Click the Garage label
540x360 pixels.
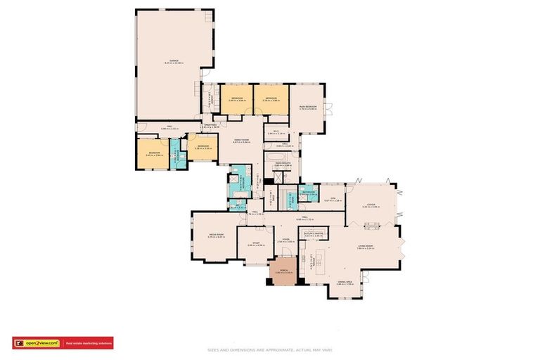coord(172,61)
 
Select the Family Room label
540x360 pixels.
coord(242,141)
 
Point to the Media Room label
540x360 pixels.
coord(216,236)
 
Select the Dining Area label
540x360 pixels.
coord(344,283)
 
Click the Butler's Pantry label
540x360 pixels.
coord(313,235)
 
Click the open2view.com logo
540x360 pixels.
coord(36,343)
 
